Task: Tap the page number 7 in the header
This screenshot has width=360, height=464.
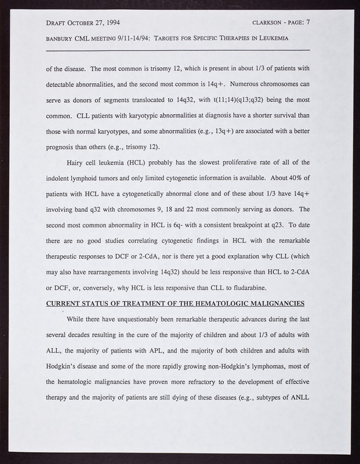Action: pos(308,23)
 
